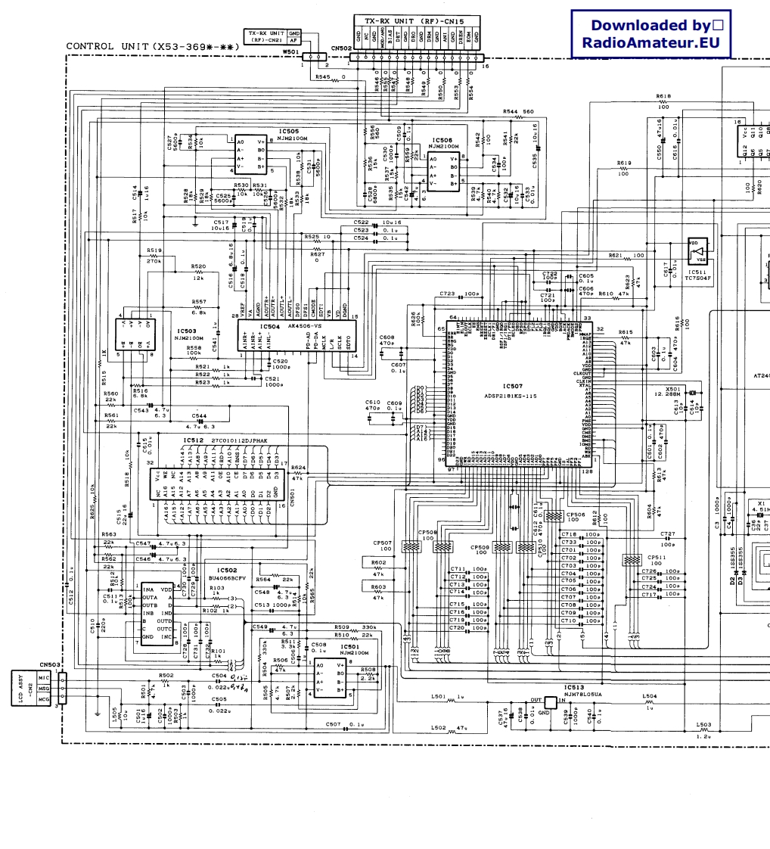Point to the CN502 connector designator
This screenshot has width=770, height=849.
pyautogui.click(x=342, y=48)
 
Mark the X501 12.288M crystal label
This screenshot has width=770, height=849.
pyautogui.click(x=673, y=392)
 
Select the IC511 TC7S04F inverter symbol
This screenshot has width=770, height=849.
pyautogui.click(x=700, y=250)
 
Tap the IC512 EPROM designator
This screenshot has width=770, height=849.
pyautogui.click(x=193, y=440)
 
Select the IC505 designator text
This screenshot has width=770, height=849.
pyautogui.click(x=289, y=132)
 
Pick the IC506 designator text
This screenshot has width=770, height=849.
pyautogui.click(x=442, y=140)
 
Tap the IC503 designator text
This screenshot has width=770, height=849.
pyautogui.click(x=186, y=331)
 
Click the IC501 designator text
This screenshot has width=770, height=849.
pyautogui.click(x=349, y=647)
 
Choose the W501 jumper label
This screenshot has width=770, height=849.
pyautogui.click(x=290, y=52)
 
